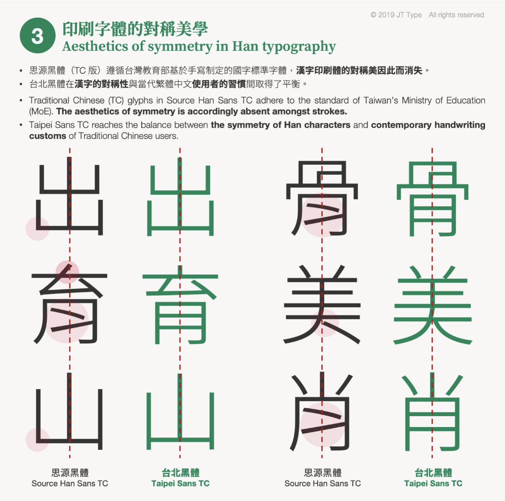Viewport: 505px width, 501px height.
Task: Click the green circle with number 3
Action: click(37, 36)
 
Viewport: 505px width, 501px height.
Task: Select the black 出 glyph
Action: click(69, 197)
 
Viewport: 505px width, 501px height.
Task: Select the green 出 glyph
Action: click(180, 197)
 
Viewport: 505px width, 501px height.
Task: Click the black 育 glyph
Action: click(69, 303)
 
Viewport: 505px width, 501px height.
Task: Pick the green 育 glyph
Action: click(180, 303)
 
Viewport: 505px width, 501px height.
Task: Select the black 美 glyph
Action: click(322, 303)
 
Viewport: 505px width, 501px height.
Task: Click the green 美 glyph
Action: click(433, 303)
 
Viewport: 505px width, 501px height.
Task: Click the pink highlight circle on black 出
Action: click(37, 229)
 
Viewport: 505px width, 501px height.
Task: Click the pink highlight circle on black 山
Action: click(37, 439)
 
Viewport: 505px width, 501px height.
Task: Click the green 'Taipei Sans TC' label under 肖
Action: click(433, 483)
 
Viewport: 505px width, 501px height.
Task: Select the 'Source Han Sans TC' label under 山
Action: click(70, 483)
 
